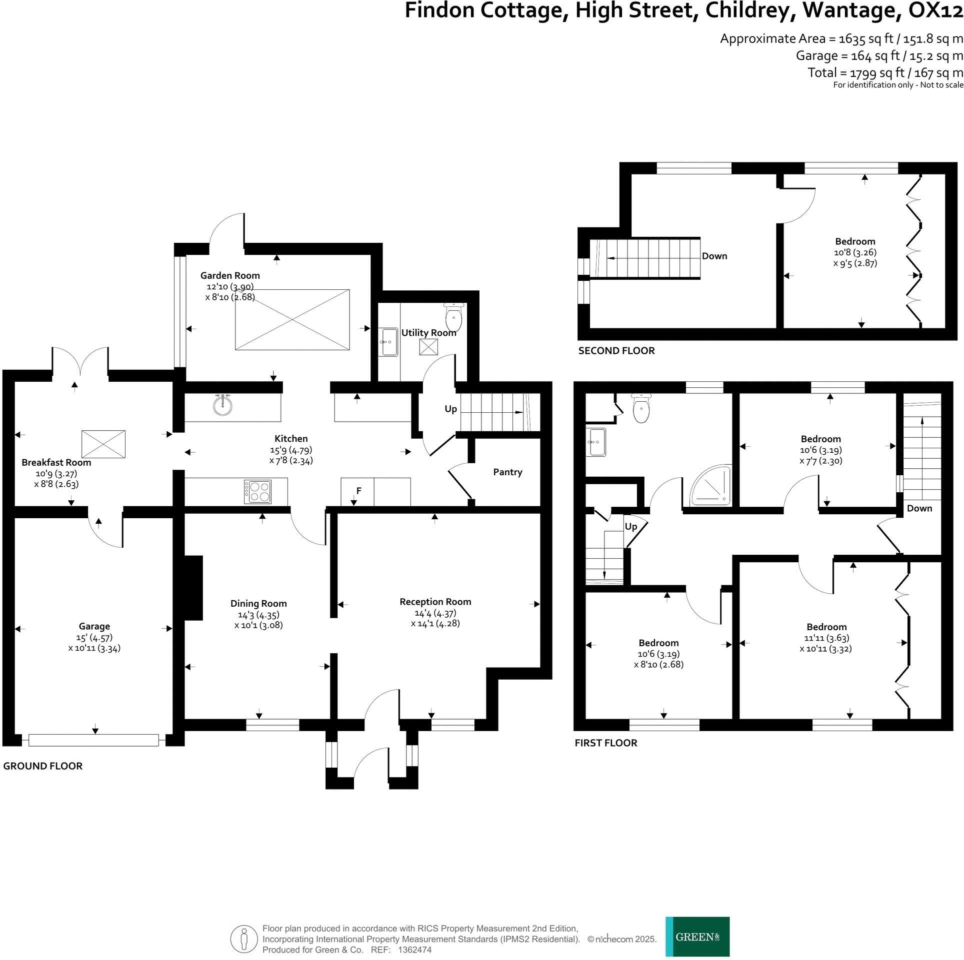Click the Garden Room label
click(230, 275)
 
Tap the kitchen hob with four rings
click(257, 492)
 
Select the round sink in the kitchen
click(222, 405)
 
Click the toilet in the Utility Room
click(453, 314)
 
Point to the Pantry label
click(507, 472)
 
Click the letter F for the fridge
click(358, 491)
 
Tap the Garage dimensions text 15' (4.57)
click(94, 638)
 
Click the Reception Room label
click(435, 602)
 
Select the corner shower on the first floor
click(710, 487)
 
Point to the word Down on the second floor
click(714, 256)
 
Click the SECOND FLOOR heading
click(616, 351)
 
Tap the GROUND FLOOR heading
click(42, 766)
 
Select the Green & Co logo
click(697, 937)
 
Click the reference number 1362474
click(414, 950)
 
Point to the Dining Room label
click(258, 604)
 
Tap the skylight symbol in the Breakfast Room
click(103, 444)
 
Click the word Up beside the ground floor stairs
click(450, 409)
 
